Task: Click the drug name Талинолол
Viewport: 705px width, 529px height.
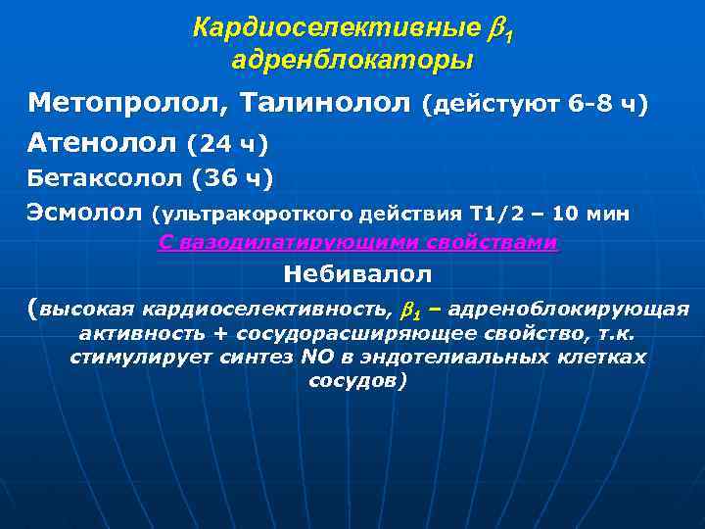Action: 326,103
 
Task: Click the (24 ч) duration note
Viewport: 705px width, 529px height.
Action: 227,145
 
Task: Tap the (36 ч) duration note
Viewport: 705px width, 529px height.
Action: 232,178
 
